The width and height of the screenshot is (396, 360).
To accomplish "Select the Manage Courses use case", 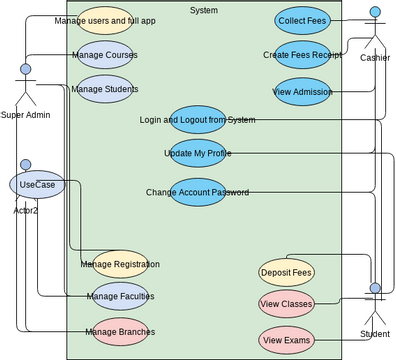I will (x=104, y=55).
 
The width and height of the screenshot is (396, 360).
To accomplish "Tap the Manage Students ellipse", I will (x=104, y=89).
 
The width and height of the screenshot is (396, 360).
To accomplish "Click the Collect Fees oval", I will (x=302, y=20).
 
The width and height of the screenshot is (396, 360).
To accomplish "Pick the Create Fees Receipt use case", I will (x=302, y=55).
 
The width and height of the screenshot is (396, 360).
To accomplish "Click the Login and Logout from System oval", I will (x=197, y=120).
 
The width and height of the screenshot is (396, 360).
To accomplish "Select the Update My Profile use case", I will (x=197, y=153).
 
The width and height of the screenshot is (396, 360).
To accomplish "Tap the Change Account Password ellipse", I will (x=197, y=192).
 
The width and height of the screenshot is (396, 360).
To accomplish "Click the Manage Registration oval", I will (x=119, y=264).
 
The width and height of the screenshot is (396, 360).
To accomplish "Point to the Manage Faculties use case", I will (x=119, y=296).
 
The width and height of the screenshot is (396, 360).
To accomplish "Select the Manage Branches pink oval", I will (x=119, y=331).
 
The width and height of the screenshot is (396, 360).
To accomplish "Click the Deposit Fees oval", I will (x=287, y=271).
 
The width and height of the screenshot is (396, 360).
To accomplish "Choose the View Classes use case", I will (x=287, y=303).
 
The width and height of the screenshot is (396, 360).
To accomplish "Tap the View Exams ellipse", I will (x=287, y=341).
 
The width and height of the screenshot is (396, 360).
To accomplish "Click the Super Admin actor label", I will (x=25, y=114).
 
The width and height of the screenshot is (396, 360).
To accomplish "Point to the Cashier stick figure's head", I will (x=375, y=13).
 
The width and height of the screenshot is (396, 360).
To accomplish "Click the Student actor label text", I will (x=374, y=333).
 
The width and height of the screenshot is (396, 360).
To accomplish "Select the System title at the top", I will (x=203, y=10).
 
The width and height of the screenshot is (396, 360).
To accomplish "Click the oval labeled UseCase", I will (x=37, y=185).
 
